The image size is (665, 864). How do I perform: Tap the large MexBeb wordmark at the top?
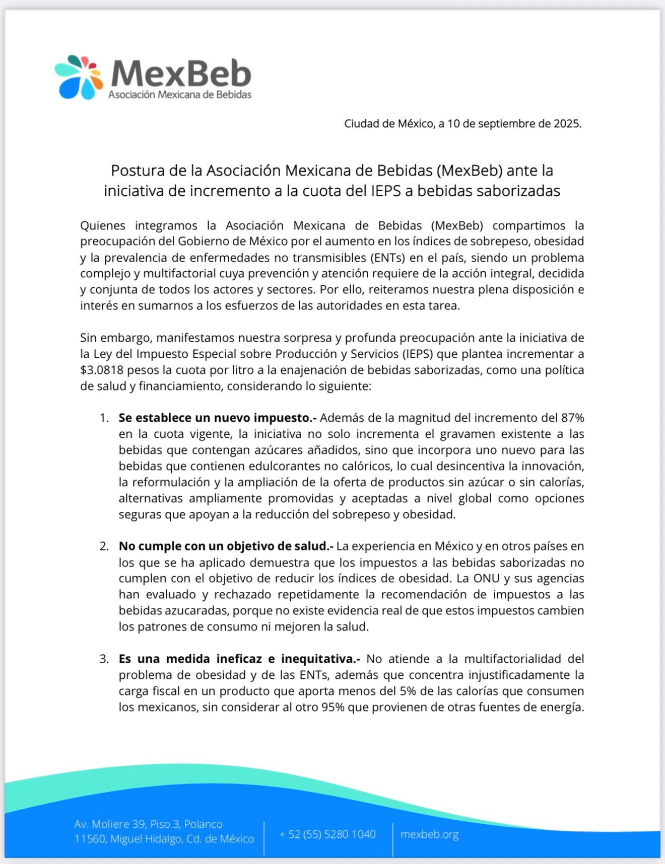(x=181, y=73)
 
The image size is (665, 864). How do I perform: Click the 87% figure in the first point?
(x=572, y=418)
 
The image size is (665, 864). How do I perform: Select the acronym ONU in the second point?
(x=487, y=579)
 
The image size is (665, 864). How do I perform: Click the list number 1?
(x=104, y=418)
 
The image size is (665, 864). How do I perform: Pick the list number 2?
(x=104, y=546)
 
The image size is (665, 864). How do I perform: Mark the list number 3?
(x=104, y=659)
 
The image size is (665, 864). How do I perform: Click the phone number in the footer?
(x=327, y=834)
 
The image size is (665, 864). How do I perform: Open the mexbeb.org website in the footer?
(x=429, y=834)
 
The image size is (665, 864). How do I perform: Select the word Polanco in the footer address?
(x=203, y=824)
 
